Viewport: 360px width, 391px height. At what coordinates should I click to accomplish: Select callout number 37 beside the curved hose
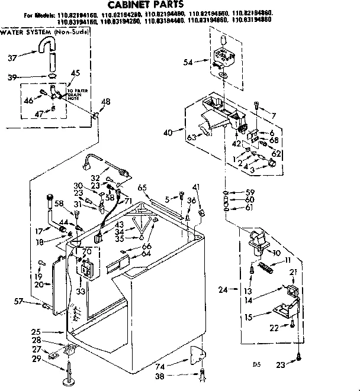tap(12, 57)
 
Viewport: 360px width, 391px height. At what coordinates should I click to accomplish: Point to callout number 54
tap(189, 62)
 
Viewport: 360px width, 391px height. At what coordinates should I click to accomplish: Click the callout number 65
tap(142, 188)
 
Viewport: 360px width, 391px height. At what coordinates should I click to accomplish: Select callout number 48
tap(106, 102)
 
